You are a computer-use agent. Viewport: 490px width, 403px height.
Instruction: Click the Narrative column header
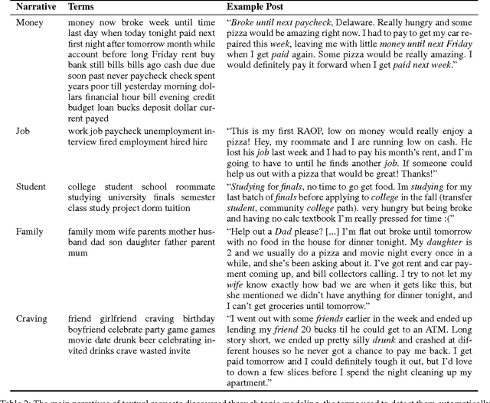[x=34, y=7]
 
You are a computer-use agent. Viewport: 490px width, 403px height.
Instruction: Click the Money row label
[x=31, y=23]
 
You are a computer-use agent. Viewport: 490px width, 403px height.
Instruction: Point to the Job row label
[x=23, y=131]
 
